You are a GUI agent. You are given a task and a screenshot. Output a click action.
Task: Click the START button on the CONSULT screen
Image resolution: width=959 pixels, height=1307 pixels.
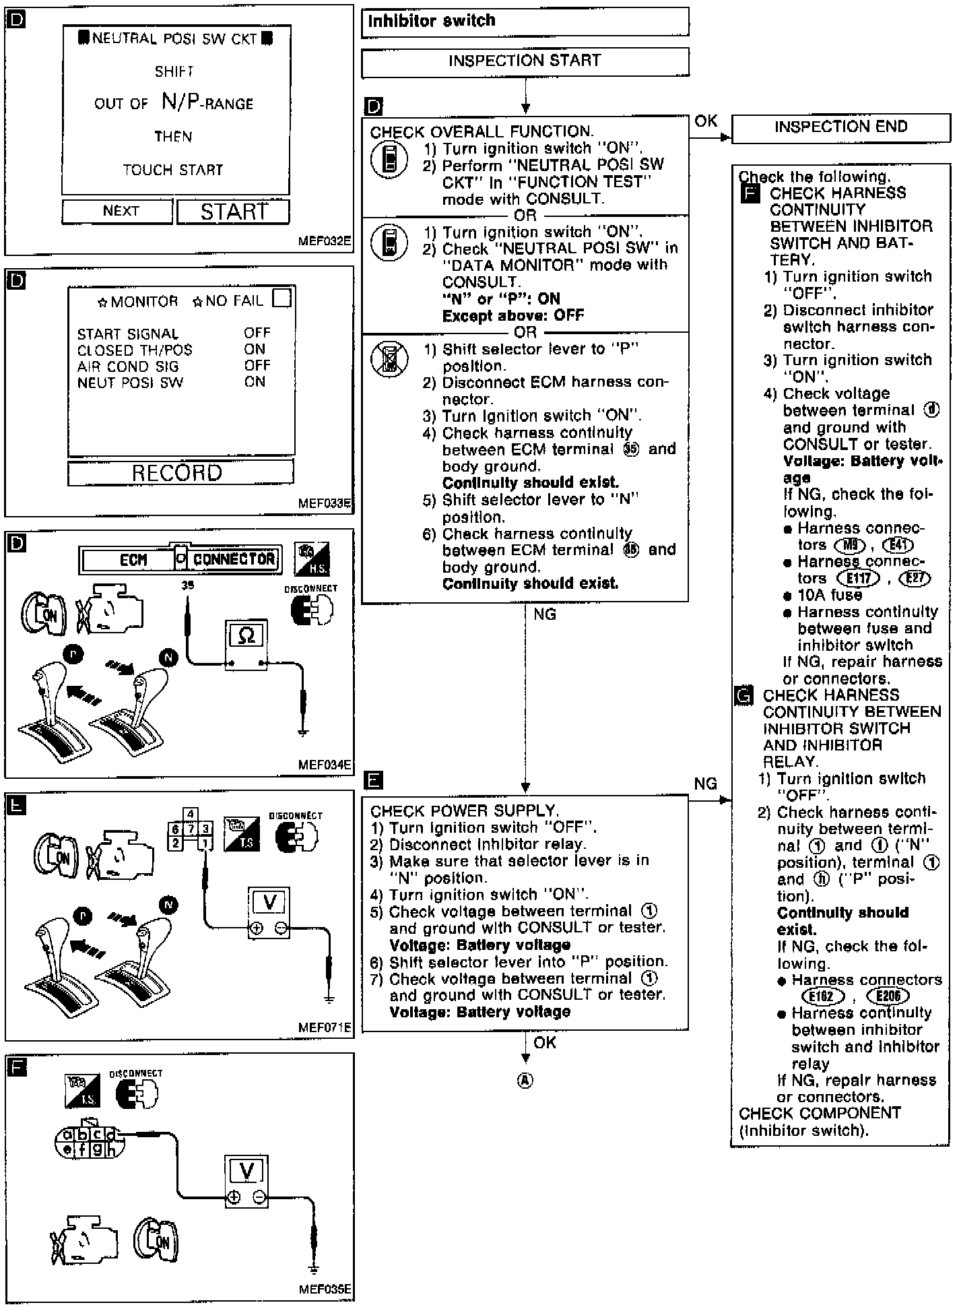[233, 212]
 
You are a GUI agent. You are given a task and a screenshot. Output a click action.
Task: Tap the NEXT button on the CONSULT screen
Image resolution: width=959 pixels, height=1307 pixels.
[118, 212]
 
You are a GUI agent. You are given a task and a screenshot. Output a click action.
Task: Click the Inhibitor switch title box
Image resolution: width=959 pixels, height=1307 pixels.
[525, 22]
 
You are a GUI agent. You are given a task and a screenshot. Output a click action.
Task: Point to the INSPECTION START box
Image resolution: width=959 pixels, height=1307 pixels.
[525, 61]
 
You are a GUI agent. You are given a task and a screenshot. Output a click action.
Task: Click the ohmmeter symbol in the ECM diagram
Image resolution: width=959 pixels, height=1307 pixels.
[246, 635]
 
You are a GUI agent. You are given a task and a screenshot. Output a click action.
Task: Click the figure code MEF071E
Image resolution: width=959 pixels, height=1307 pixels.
[325, 1027]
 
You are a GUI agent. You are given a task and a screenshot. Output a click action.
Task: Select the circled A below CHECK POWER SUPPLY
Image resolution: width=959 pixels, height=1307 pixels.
[525, 1081]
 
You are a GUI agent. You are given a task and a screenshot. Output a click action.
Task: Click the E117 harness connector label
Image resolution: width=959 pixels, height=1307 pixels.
[858, 578]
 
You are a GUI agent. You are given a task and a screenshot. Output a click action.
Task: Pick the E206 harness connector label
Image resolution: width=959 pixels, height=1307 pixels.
[888, 996]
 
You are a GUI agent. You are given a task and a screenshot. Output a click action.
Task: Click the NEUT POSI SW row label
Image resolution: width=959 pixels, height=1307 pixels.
[130, 383]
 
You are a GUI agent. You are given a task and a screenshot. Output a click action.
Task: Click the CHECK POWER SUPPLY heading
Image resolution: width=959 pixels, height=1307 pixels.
[464, 811]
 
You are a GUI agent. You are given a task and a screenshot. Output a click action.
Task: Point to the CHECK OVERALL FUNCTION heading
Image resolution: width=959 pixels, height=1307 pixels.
[481, 132]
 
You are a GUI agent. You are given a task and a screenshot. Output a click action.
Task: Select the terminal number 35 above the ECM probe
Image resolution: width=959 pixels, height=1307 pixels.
[187, 585]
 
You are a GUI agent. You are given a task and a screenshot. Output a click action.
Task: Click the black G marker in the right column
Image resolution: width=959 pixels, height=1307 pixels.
[743, 696]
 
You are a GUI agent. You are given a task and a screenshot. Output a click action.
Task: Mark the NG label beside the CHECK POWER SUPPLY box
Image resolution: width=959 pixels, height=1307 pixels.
[705, 784]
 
